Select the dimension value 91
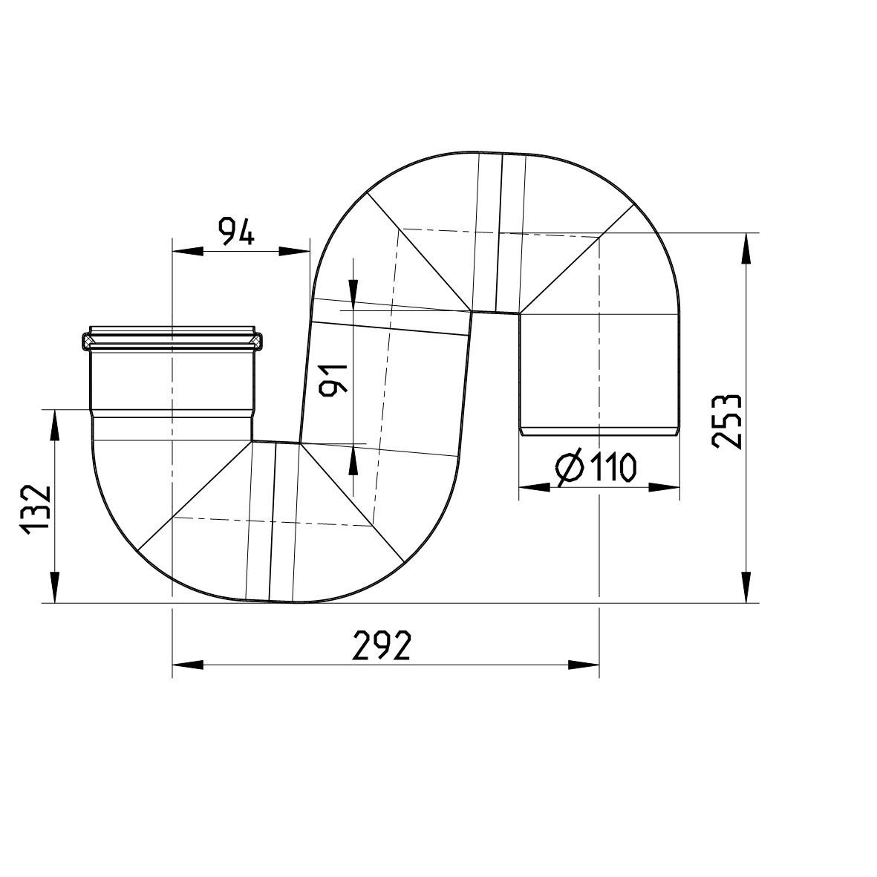coord(332,381)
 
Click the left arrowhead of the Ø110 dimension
coord(533,488)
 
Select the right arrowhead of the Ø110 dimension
coord(665,488)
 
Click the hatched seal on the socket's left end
coord(88,342)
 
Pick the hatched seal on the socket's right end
coord(256,342)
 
